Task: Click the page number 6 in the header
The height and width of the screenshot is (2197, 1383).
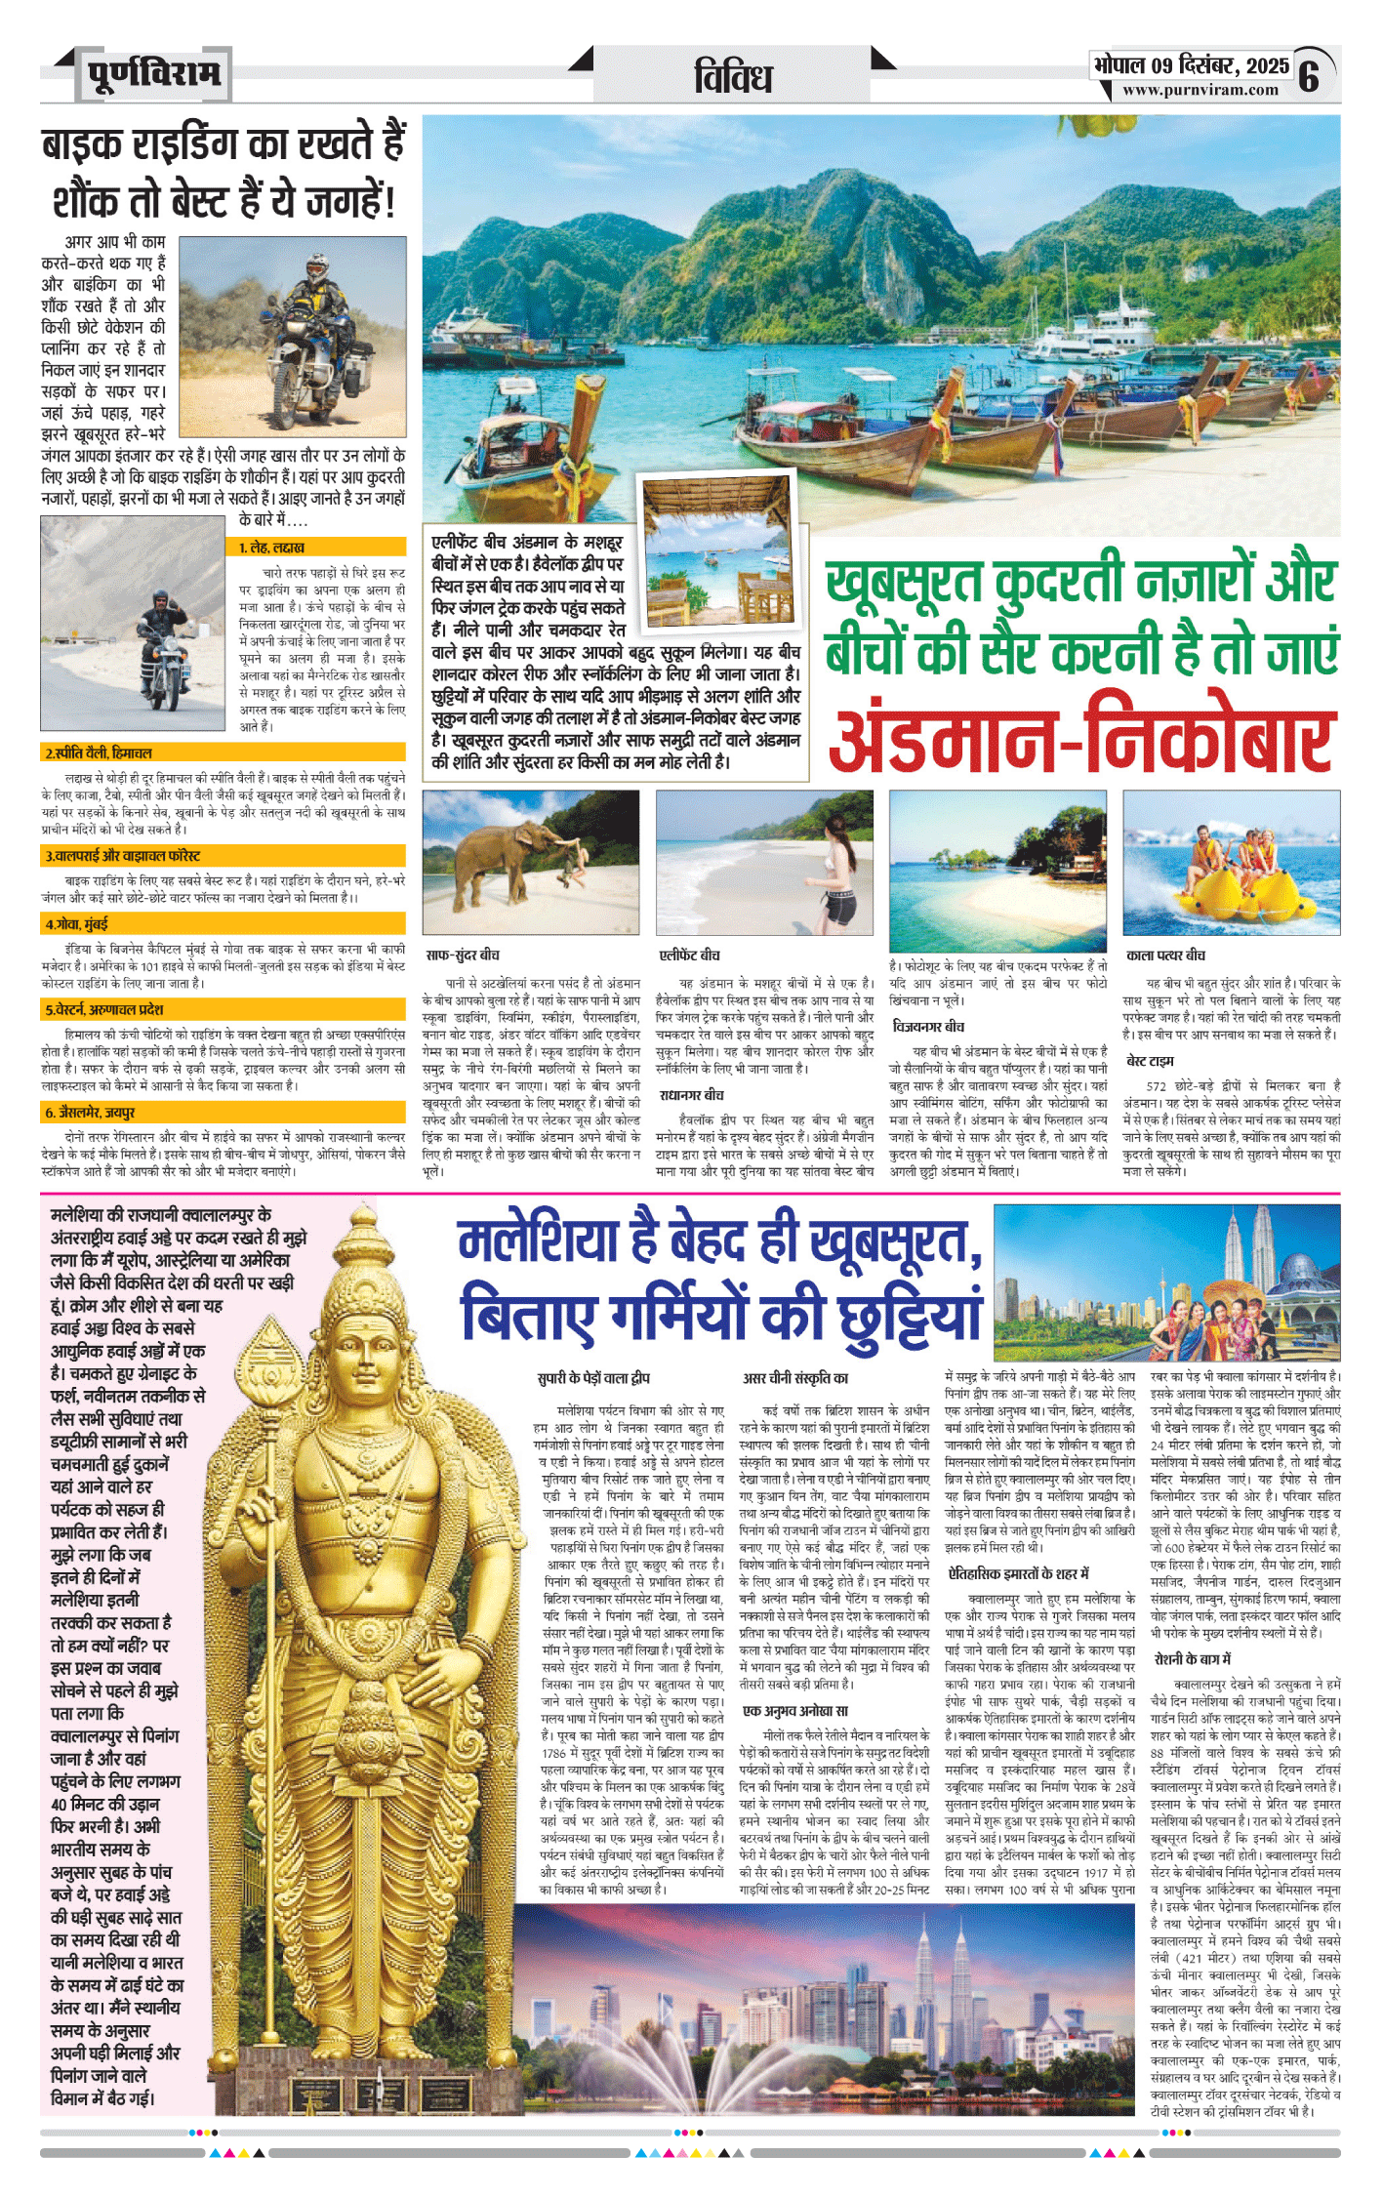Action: [x=1309, y=75]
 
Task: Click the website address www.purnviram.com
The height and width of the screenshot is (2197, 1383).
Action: [x=1200, y=90]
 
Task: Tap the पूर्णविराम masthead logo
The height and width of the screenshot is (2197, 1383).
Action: [x=153, y=74]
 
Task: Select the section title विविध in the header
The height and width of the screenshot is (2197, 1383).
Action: [x=733, y=77]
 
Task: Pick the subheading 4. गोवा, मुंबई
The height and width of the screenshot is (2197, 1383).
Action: [x=77, y=923]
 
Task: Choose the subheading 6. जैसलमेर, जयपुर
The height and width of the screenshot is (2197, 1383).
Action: [x=91, y=1112]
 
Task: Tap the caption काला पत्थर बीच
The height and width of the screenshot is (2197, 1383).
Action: [x=1165, y=955]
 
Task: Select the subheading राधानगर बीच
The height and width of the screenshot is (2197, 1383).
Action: [x=691, y=1095]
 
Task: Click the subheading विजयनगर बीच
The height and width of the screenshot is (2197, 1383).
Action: [x=928, y=1026]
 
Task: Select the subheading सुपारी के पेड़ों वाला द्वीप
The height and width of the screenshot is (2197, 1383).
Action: [x=593, y=1378]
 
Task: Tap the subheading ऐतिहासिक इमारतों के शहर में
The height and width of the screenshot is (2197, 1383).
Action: [x=1018, y=1573]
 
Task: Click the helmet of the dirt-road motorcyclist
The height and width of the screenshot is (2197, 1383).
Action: [x=316, y=264]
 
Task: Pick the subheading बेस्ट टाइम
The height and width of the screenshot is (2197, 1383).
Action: [x=1150, y=1061]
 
